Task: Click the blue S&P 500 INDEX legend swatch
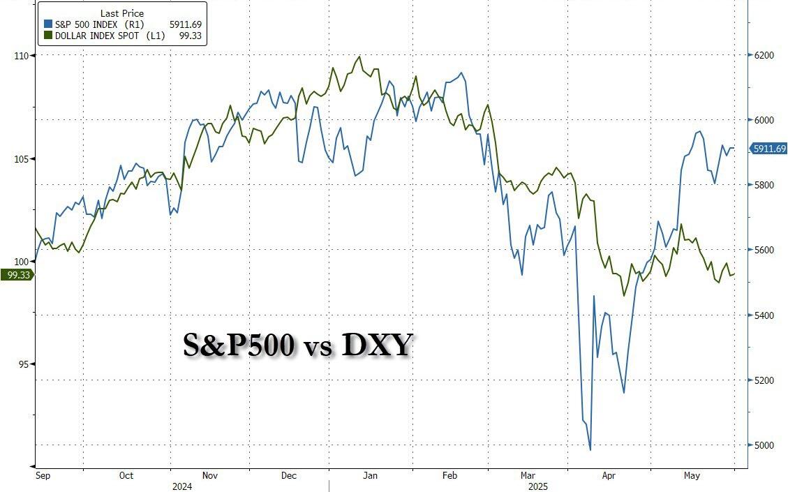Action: pos(47,24)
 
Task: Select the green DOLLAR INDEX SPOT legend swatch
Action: pos(47,35)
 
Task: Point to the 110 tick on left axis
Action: pos(20,55)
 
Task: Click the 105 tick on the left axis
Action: pos(20,158)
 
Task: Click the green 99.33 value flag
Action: pos(15,275)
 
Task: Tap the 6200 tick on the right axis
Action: pos(765,55)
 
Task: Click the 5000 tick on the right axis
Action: pos(765,445)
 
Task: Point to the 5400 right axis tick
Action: pos(765,315)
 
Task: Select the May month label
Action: pos(692,476)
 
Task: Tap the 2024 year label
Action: pos(182,486)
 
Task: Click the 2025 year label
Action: pos(538,486)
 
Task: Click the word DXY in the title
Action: pos(377,345)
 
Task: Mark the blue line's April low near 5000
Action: pos(590,449)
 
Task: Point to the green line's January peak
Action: pos(359,57)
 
